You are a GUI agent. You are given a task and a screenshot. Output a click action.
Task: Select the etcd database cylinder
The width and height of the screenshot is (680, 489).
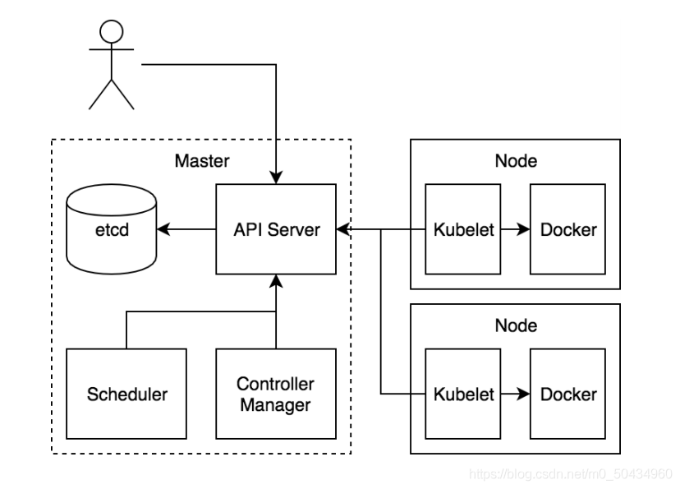point(112,229)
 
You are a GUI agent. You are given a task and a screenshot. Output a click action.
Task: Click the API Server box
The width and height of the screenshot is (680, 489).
point(276,229)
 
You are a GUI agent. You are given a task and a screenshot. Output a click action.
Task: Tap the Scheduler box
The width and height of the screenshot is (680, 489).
point(126,394)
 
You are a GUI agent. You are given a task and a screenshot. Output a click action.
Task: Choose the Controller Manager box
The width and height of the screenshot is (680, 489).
point(276,394)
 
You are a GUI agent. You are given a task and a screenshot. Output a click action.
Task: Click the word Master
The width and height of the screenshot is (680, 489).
point(202,161)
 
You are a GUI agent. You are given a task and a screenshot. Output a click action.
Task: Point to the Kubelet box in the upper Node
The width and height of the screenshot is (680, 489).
point(462,229)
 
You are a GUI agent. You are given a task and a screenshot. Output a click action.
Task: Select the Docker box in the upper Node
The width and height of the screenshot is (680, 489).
point(567,229)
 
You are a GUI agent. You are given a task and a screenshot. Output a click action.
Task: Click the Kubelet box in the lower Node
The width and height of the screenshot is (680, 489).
point(462,394)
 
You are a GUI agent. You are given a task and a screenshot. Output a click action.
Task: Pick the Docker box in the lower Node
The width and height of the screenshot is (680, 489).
point(567,394)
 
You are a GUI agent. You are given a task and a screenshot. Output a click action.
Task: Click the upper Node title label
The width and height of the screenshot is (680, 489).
point(516,161)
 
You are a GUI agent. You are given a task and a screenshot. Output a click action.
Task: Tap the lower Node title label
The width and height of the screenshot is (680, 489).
point(516,325)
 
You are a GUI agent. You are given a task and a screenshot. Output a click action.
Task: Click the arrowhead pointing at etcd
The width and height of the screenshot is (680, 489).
point(163,229)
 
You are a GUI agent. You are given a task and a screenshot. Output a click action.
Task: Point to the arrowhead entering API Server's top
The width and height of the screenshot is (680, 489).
point(276,178)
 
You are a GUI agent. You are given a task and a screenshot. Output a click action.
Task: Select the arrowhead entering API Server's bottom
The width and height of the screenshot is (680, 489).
point(276,281)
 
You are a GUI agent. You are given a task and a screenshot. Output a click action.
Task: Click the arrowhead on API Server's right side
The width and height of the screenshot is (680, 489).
point(343,229)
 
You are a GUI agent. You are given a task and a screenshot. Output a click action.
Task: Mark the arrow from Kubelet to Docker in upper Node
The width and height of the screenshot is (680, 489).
point(515,229)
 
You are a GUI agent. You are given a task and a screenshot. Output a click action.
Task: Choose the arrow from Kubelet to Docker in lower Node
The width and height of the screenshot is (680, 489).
point(515,394)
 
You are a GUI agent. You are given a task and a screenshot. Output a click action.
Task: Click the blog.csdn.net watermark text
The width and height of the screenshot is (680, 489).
point(571,473)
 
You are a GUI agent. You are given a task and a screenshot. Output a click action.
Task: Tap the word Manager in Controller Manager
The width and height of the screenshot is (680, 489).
point(275,405)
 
